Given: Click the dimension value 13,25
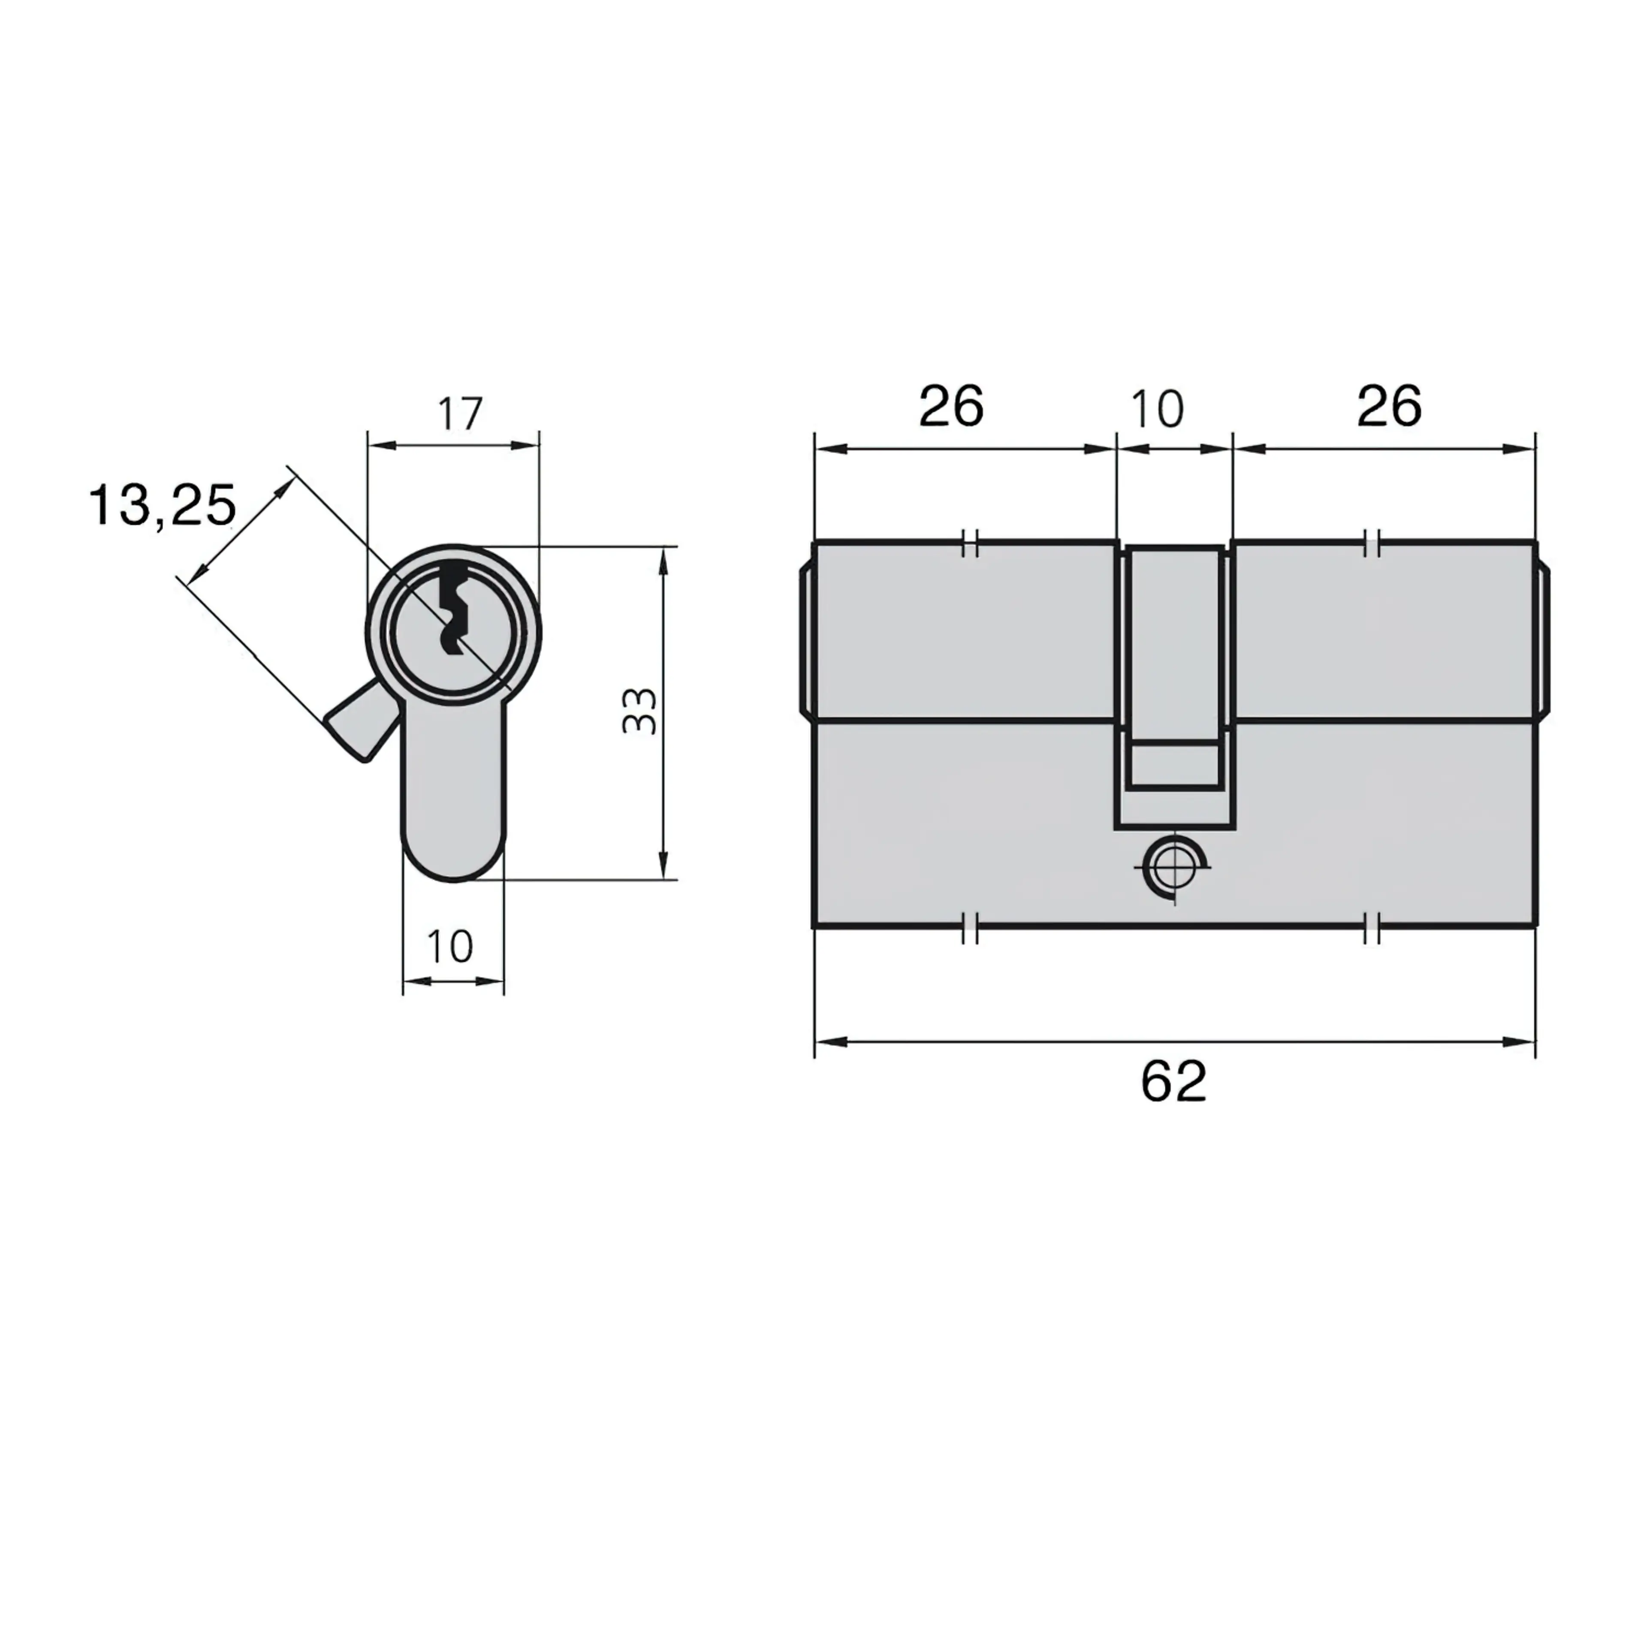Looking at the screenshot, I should pos(162,506).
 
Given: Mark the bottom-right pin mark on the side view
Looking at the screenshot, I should pos(1372,927).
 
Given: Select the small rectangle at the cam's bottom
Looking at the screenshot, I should pos(1174,765).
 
